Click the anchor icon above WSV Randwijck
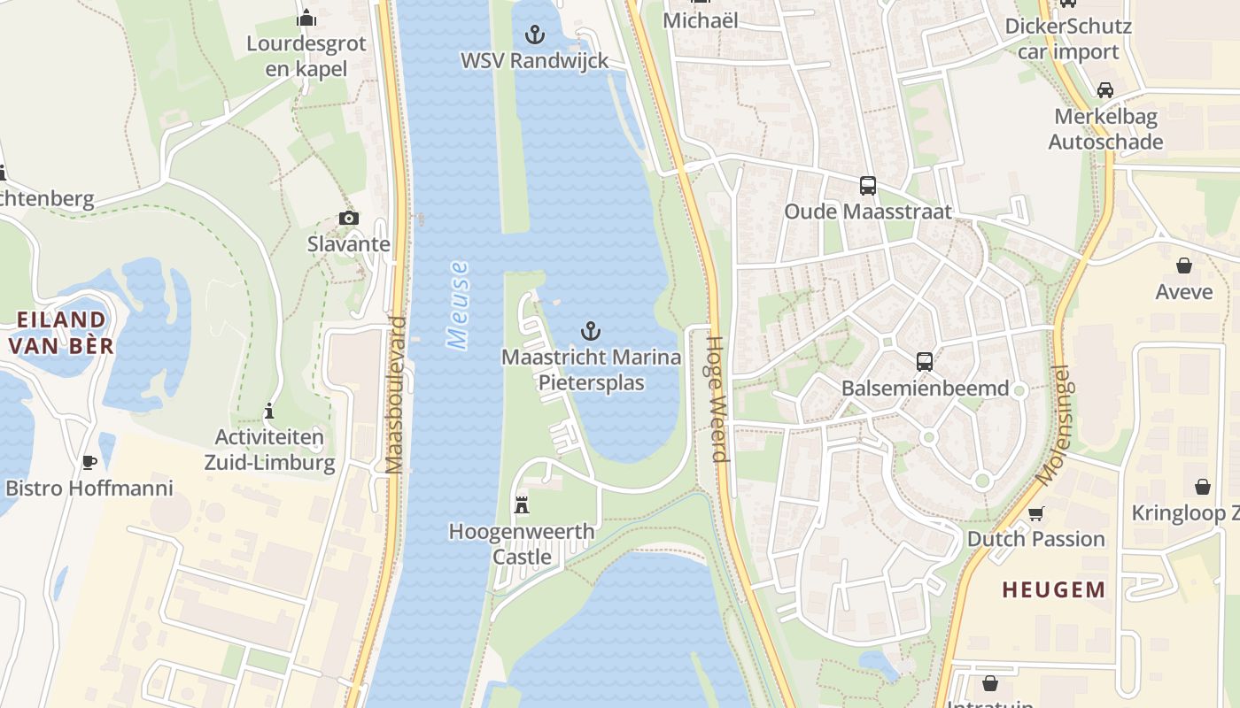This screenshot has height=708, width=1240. tap(534, 35)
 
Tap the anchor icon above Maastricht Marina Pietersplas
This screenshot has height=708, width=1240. tap(591, 332)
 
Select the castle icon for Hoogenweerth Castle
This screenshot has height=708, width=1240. tap(522, 505)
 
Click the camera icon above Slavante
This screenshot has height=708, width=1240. tap(349, 218)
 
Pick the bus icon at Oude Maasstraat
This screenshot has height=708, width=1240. tap(868, 186)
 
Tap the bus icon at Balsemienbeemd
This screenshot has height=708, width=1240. tap(925, 362)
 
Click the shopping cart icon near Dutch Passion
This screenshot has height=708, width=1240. tap(1035, 514)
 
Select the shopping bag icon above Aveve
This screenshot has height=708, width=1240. tap(1183, 265)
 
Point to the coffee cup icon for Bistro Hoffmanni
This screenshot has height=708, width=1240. tap(89, 462)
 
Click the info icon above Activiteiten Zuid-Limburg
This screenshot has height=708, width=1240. tap(269, 412)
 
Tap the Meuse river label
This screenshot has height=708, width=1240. tap(458, 305)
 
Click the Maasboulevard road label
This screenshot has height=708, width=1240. tap(395, 395)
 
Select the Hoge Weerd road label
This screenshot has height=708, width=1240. tap(717, 398)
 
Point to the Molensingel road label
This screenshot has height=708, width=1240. tap(1053, 426)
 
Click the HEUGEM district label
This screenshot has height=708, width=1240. tap(1053, 589)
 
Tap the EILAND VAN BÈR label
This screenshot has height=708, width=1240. tap(60, 332)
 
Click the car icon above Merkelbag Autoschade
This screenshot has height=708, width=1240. tap(1105, 90)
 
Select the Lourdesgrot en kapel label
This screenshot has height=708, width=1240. tap(306, 56)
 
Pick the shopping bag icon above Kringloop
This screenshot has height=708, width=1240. tap(1202, 487)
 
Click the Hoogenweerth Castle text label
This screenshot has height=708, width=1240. tap(522, 543)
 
